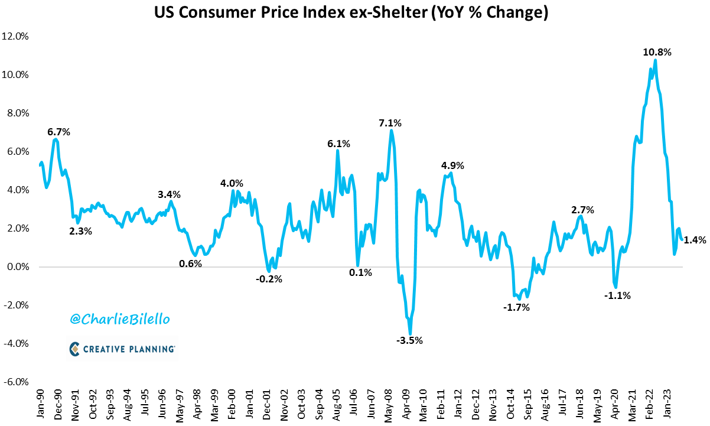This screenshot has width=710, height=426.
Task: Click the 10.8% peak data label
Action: tap(657, 53)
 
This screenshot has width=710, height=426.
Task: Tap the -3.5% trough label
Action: tap(409, 340)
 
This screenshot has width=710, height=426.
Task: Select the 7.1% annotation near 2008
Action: tap(390, 123)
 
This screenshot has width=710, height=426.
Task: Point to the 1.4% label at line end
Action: tap(695, 240)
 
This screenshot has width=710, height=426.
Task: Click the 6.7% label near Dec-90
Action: tap(58, 132)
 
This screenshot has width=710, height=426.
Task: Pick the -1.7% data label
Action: tap(516, 307)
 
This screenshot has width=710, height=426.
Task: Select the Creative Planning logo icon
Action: tap(74, 349)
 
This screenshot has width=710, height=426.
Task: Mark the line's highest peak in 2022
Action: tap(655, 60)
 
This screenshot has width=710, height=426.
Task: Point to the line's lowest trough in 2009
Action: tap(411, 334)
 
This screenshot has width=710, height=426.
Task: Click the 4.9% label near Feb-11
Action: tap(453, 166)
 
